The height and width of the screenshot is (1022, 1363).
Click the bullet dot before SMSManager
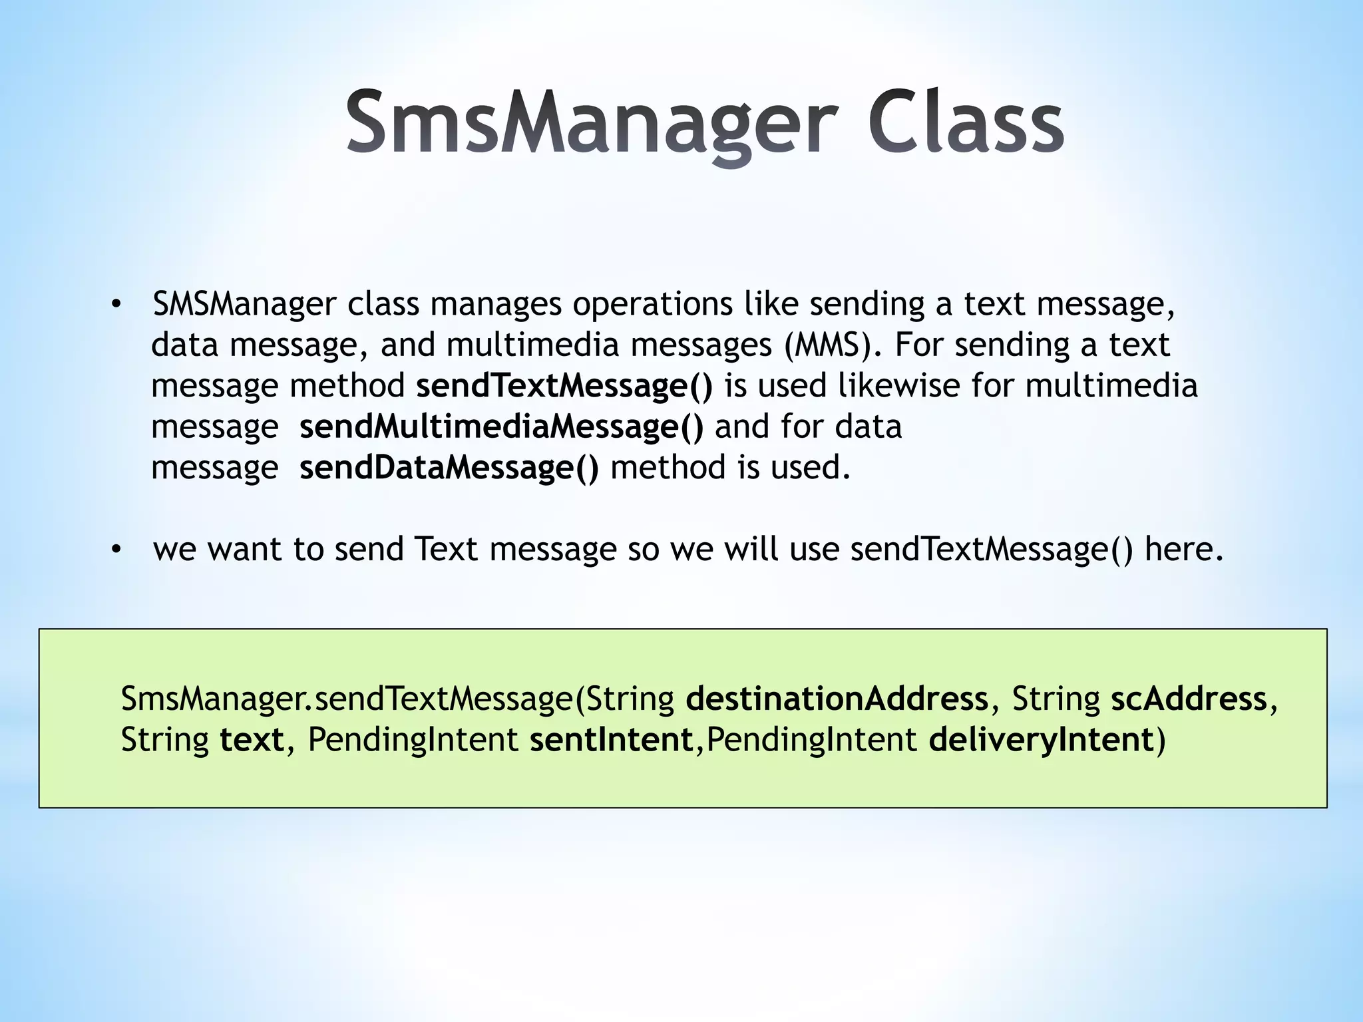pyautogui.click(x=116, y=305)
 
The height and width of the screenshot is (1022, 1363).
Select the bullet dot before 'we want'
pyautogui.click(x=116, y=550)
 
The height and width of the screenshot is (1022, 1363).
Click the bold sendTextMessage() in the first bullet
pyautogui.click(x=564, y=386)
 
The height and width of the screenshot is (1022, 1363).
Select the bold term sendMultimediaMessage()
pyautogui.click(x=501, y=427)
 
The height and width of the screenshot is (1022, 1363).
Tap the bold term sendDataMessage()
pyautogui.click(x=449, y=468)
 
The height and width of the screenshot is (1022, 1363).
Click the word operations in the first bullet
pyautogui.click(x=653, y=305)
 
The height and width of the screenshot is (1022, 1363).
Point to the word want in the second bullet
pyautogui.click(x=244, y=550)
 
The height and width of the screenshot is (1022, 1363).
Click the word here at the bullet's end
pyautogui.click(x=1183, y=550)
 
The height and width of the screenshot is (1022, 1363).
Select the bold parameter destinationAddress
pyautogui.click(x=837, y=699)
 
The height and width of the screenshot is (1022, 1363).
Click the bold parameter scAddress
pyautogui.click(x=1189, y=699)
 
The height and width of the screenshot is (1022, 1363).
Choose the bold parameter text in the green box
pyautogui.click(x=252, y=740)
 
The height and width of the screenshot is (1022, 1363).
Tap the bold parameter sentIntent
pyautogui.click(x=612, y=740)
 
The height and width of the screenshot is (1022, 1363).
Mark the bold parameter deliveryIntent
pyautogui.click(x=1041, y=740)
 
